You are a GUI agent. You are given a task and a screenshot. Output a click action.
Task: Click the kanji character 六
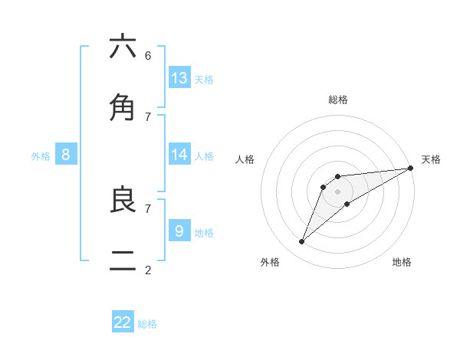(123, 47)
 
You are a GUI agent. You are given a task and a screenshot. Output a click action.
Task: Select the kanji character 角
(123, 108)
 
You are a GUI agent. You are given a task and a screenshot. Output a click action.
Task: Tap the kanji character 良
(123, 200)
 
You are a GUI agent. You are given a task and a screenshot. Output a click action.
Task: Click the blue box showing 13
(179, 78)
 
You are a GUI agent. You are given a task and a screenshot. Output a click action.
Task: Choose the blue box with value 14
(179, 155)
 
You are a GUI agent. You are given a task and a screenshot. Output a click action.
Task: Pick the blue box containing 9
(179, 231)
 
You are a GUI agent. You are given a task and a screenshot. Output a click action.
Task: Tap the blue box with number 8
(66, 155)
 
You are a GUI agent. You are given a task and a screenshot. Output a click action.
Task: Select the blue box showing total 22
(123, 322)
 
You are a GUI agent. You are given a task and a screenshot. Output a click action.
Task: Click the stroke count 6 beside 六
(147, 55)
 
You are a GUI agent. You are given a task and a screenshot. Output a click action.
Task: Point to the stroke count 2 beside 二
(147, 270)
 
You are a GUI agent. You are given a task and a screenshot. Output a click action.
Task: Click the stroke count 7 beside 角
(147, 116)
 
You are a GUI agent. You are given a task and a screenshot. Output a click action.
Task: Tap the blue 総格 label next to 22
(147, 324)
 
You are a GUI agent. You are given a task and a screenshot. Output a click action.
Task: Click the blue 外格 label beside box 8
(41, 156)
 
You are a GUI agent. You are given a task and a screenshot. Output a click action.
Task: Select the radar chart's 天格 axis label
(431, 159)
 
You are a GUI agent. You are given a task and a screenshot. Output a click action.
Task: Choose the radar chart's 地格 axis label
(402, 262)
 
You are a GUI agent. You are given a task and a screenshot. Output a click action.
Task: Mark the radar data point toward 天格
(411, 168)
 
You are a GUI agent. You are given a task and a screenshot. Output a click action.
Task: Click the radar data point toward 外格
(302, 242)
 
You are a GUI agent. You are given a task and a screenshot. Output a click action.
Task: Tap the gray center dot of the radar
(337, 191)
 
